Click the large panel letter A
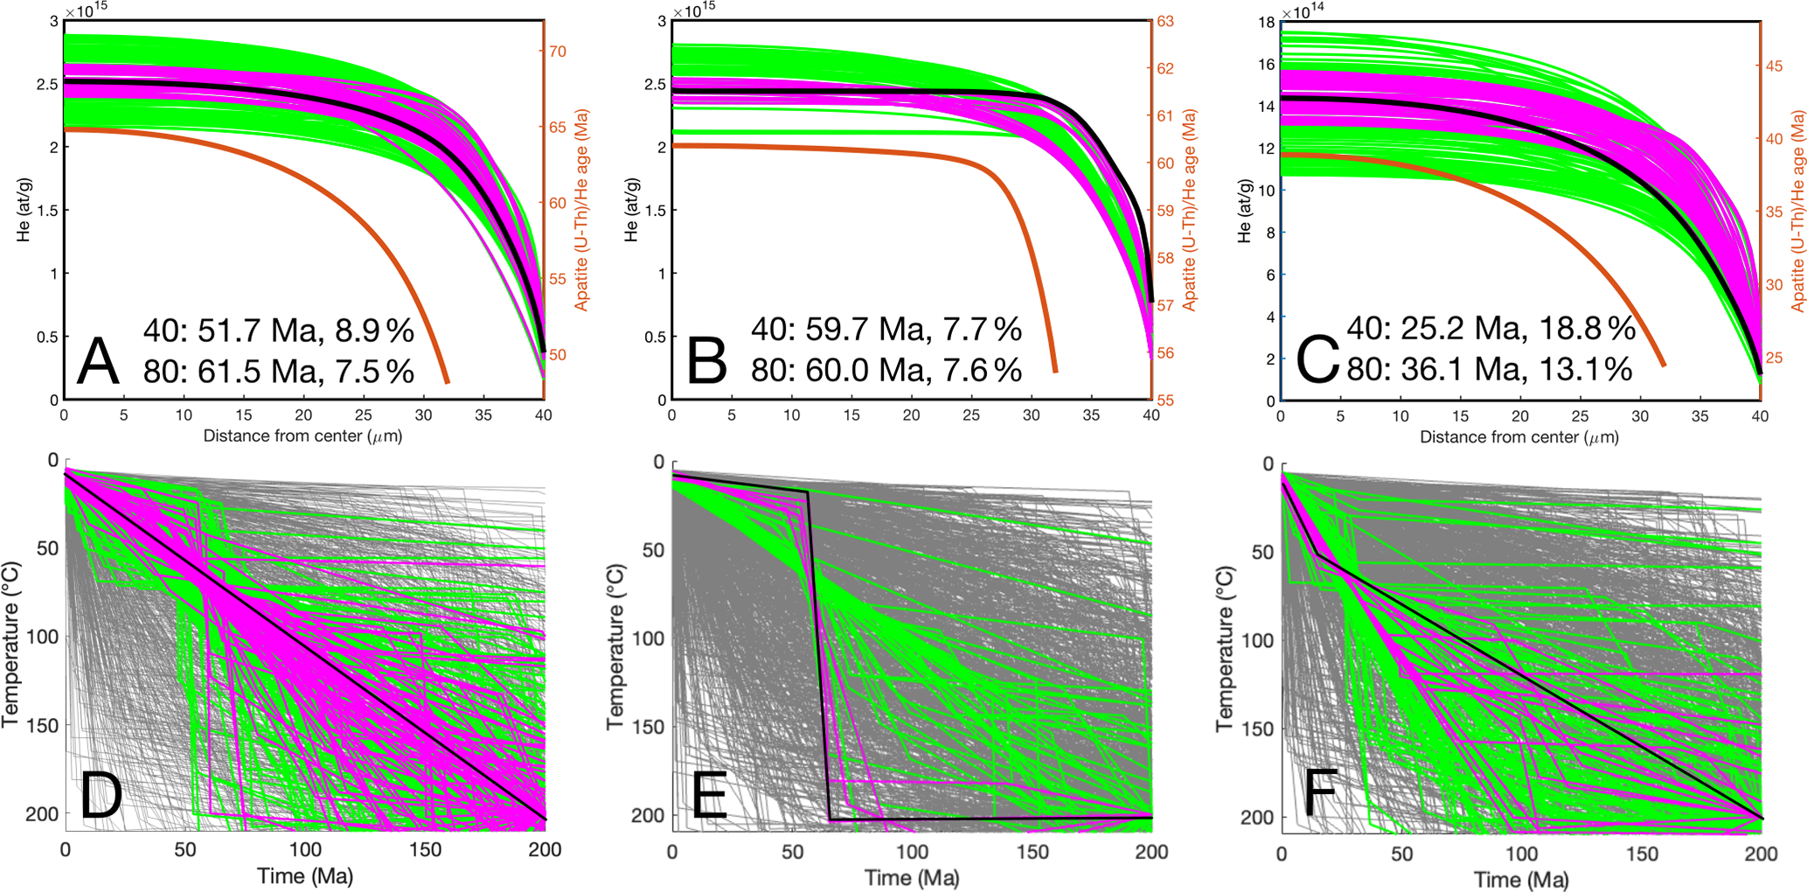coord(98,361)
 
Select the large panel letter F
coord(1320,792)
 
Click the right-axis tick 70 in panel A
coord(557,51)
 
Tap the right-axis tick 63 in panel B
coord(1164,21)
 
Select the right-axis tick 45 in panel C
coord(1774,66)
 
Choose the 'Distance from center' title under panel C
coord(1519,436)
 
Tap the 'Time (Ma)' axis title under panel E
coord(911,877)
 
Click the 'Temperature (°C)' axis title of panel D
coord(10,645)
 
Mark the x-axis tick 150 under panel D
coord(425,849)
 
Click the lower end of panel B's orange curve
coord(1055,371)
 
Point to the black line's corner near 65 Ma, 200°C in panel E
coord(830,819)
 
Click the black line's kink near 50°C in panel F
coord(1317,554)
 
